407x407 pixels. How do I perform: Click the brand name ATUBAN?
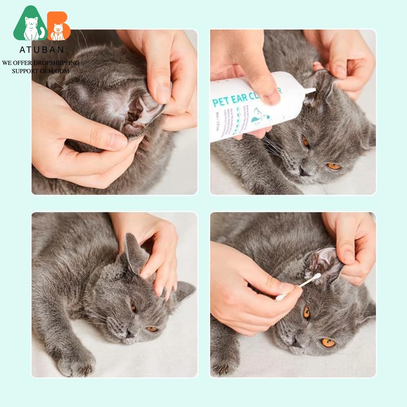coord(42,50)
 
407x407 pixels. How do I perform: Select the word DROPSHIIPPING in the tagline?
coord(56,63)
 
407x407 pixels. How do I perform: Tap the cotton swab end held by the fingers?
coord(280,297)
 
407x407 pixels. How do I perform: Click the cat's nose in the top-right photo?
coord(304,171)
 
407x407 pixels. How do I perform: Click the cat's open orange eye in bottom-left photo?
coord(151,329)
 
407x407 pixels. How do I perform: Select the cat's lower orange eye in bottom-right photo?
coord(328,342)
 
